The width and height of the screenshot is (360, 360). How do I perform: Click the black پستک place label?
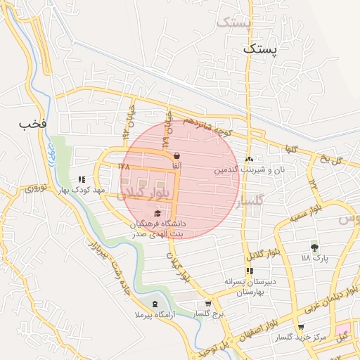coord(260,49)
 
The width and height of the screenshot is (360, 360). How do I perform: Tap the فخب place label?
coord(33,124)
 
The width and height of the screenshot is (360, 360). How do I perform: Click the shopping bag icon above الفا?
coord(176,155)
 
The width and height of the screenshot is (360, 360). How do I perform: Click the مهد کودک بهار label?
coord(82,190)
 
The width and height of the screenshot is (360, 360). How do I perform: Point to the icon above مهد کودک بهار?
coord(82,179)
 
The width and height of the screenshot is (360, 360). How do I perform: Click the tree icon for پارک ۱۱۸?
coord(314,247)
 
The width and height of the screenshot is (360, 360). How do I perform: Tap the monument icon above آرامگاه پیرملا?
coord(155,304)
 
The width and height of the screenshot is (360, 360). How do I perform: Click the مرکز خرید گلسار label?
coord(301,337)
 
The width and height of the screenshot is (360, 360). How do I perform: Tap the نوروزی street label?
coord(35,188)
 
